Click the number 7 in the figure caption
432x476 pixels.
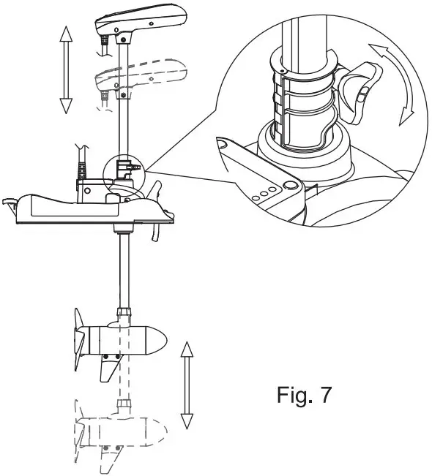[x=324, y=396]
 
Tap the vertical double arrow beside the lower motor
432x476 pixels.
[x=187, y=385]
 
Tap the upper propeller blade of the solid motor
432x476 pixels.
[x=78, y=321]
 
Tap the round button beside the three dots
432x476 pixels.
[x=289, y=185]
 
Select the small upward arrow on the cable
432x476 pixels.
[x=83, y=149]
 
